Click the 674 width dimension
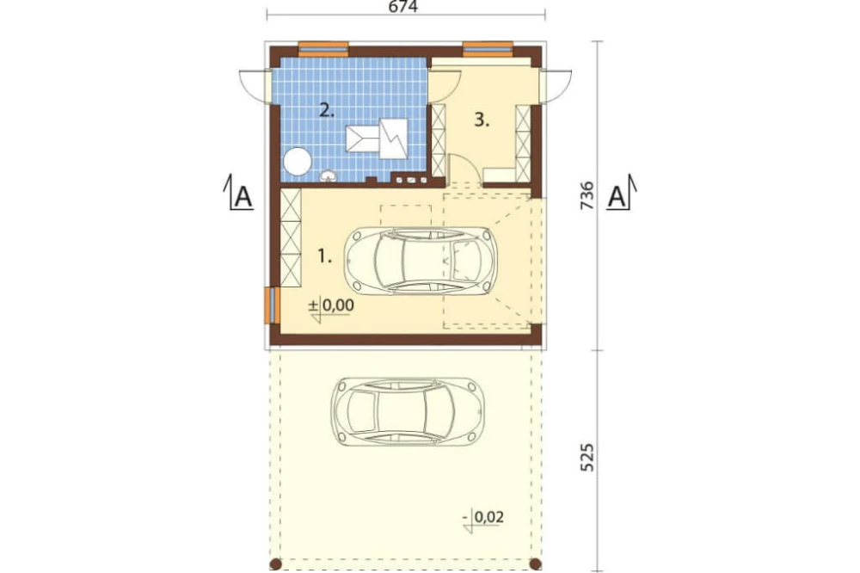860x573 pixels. coord(403,7)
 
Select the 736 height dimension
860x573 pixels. coord(587,194)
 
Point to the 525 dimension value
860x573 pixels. coord(587,457)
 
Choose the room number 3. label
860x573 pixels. coord(482,120)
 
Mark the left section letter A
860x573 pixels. coord(243,196)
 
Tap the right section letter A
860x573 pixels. coord(617,196)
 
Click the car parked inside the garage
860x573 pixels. coord(421,260)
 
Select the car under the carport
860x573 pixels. coord(408,410)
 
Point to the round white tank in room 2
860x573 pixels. coord(298,162)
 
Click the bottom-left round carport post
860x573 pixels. coord(276,564)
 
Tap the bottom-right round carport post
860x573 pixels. coord(536,564)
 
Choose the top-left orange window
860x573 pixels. coord(323,49)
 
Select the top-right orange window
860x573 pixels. coord(488,49)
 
